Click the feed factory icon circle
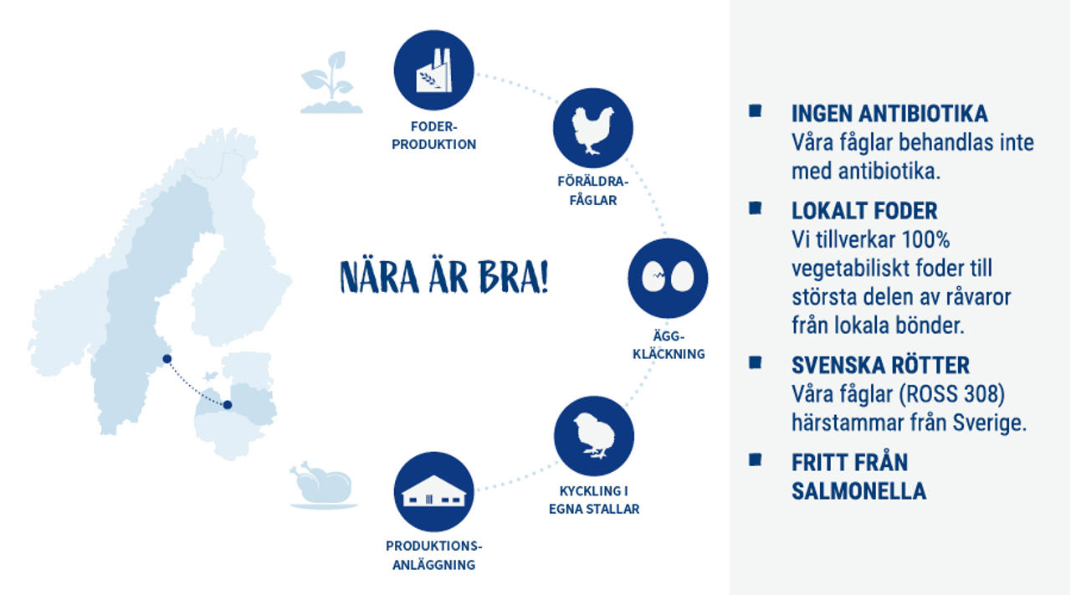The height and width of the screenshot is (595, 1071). [x=433, y=70]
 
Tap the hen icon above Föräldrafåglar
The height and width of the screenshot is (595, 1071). [x=593, y=128]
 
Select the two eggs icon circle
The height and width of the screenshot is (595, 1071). [x=668, y=279]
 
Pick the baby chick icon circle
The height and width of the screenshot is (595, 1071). [x=594, y=436]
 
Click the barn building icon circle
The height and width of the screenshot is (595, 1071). [x=433, y=492]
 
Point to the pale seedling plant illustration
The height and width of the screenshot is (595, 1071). [x=331, y=82]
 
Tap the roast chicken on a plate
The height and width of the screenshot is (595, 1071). [x=324, y=485]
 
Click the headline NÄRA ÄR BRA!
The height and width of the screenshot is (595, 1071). [x=443, y=277]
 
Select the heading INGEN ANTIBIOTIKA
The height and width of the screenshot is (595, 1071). [x=889, y=114]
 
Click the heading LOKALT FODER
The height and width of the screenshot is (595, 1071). [x=864, y=211]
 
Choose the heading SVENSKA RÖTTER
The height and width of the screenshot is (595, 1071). [x=880, y=366]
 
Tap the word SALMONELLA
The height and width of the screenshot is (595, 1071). [x=858, y=491]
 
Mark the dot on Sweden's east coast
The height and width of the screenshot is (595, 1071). [x=167, y=359]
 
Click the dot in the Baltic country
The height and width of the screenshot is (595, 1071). [x=228, y=405]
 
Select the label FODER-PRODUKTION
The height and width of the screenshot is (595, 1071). [x=433, y=136]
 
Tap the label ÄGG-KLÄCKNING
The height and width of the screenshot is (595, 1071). [x=669, y=345]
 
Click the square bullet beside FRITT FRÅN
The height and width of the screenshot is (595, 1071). [x=755, y=459]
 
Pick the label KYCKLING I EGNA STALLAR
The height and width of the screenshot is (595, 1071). [x=594, y=500]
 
